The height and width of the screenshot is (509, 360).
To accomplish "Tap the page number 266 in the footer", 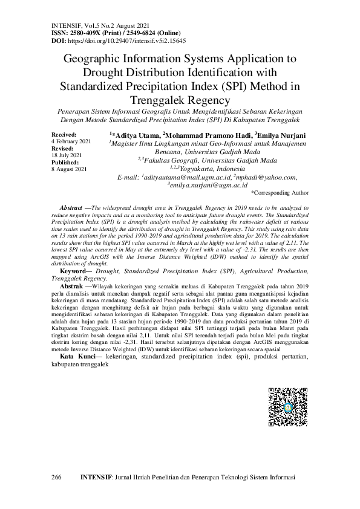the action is point(56,478).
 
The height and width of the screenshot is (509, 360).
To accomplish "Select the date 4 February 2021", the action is point(71,141).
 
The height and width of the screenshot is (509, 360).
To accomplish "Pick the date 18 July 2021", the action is point(66,155).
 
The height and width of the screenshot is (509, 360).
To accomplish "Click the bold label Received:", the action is point(65,134).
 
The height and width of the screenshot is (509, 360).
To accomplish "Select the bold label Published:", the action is point(65,163).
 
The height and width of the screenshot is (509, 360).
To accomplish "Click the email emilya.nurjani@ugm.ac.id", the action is point(208,186).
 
